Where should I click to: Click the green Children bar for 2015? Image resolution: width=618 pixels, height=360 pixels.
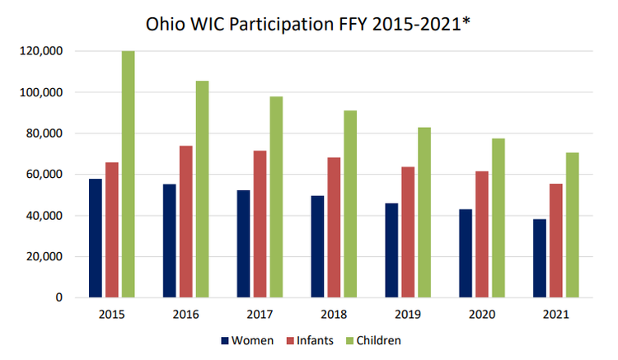pos(128,174)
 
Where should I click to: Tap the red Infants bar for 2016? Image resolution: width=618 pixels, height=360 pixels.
pos(185,222)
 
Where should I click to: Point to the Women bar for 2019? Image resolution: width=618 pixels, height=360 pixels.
pos(391,250)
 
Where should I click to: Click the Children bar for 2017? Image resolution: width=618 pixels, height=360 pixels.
pos(276,197)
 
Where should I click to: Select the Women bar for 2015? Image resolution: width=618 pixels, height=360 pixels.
pos(96,238)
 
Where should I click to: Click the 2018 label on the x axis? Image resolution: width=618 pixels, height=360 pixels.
pos(334,315)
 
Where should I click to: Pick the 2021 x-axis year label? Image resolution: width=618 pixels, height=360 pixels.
pos(555,315)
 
